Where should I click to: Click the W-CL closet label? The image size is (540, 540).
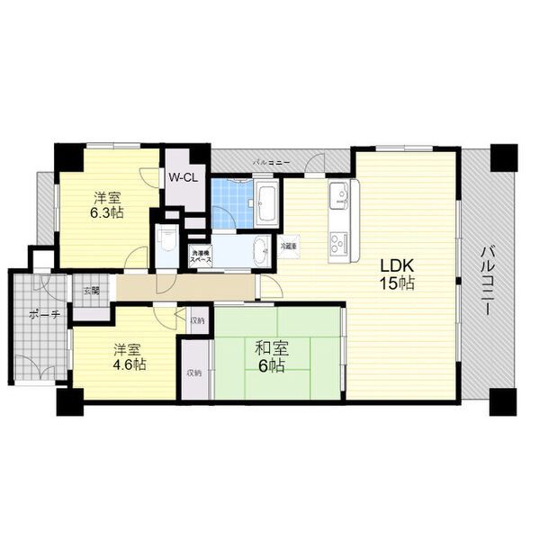(x=184, y=177)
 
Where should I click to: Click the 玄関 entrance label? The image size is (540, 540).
(x=92, y=291)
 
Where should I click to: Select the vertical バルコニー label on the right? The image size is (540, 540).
(x=486, y=279)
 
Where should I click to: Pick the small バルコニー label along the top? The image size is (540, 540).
(x=271, y=162)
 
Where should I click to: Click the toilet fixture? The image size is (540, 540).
(x=166, y=239)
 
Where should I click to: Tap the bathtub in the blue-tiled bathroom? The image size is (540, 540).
(x=267, y=202)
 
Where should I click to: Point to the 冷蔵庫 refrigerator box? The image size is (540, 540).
(x=289, y=246)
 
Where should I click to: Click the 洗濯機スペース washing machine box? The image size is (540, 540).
(x=201, y=256)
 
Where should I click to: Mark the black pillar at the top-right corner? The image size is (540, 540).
(x=503, y=157)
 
